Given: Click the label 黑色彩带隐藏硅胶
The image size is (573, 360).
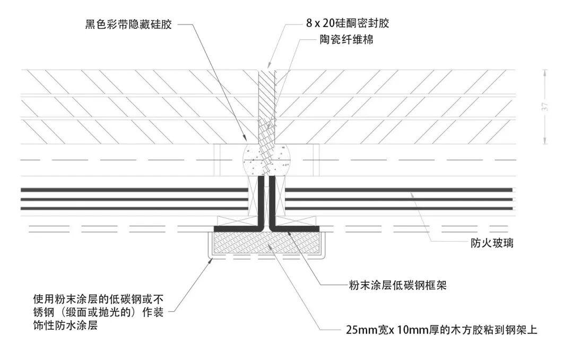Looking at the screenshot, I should (x=129, y=24).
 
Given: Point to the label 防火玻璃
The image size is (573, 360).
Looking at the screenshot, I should (x=492, y=244).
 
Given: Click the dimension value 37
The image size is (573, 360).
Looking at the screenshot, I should (x=546, y=107).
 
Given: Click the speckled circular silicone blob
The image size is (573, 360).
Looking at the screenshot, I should (x=265, y=159).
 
